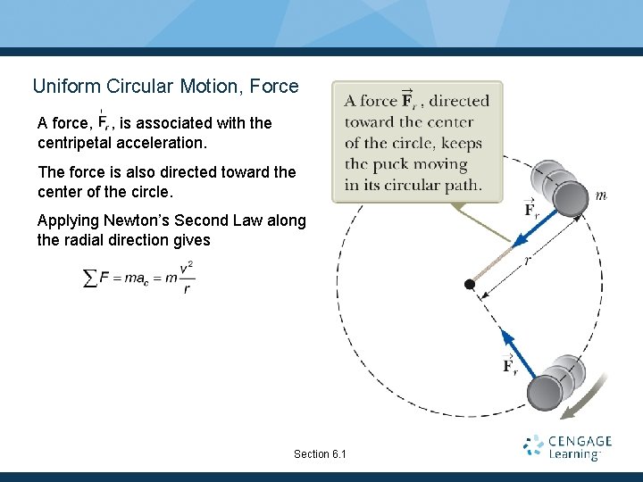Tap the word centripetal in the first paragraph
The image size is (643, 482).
(74, 143)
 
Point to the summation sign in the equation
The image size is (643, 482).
(90, 278)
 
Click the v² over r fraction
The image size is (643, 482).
(186, 278)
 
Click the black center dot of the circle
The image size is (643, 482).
(470, 284)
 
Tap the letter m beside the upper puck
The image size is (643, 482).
(601, 195)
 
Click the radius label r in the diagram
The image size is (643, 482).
(528, 260)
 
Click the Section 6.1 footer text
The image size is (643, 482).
(320, 454)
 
